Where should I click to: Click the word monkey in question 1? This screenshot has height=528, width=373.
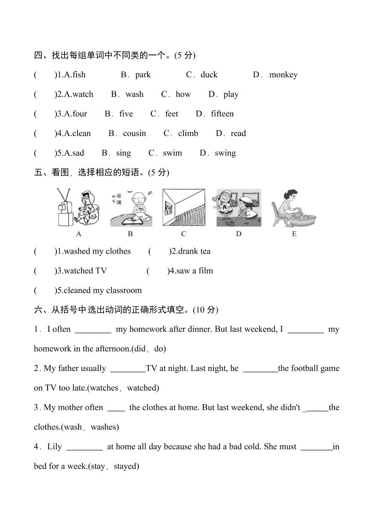pos(284,75)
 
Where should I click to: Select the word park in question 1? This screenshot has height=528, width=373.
pos(143,75)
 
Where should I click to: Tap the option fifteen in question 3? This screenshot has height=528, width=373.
pos(222,114)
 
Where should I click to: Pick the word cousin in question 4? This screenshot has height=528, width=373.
pos(135,134)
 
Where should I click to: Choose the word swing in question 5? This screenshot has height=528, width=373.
pos(225,153)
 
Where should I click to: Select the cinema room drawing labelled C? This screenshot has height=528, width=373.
pos(183,208)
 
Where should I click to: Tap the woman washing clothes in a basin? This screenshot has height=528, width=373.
pos(294,208)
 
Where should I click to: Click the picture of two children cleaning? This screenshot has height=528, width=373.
pos(238,208)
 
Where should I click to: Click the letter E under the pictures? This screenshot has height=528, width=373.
pos(294,234)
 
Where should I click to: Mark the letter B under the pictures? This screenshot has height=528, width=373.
pos(130,234)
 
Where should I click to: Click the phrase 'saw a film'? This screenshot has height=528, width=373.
pos(194,271)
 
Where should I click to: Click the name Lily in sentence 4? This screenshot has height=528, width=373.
pos(55,447)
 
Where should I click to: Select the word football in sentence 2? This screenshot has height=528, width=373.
pos(301,368)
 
